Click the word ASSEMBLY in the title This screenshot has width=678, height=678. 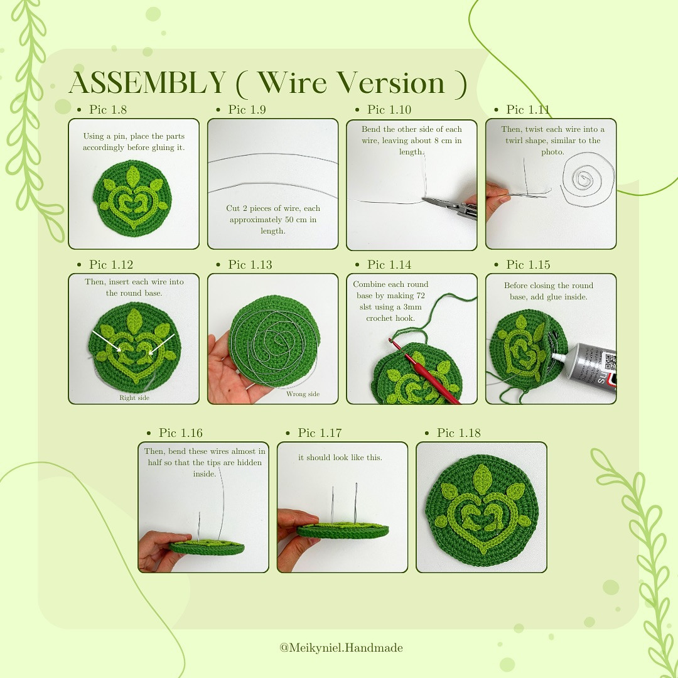(147, 83)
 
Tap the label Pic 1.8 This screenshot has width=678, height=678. (107, 110)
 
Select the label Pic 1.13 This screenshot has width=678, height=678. (249, 265)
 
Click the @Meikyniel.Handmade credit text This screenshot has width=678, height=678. (341, 648)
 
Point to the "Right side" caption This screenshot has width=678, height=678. (134, 397)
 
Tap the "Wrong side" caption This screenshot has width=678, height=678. (303, 394)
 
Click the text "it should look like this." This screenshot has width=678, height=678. (340, 458)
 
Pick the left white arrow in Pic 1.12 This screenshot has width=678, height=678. (107, 342)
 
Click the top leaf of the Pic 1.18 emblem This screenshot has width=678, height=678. (483, 478)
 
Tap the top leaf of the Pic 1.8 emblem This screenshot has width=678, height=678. (133, 175)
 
